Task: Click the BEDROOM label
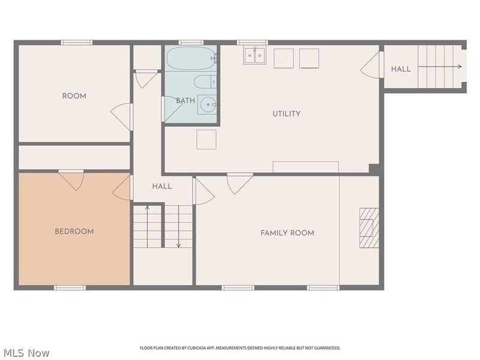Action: click(74, 232)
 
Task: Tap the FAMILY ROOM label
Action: click(287, 233)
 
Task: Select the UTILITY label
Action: click(287, 114)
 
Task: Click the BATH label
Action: click(185, 100)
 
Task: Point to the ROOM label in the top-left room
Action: click(74, 96)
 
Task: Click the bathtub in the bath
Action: click(191, 58)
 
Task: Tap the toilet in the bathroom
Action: click(205, 82)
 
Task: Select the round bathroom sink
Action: click(208, 104)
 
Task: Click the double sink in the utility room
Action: click(254, 55)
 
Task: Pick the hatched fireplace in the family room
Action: click(369, 228)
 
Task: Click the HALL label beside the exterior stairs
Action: click(401, 69)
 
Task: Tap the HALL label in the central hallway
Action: click(162, 187)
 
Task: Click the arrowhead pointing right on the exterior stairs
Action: click(460, 67)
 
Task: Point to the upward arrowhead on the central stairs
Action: click(147, 208)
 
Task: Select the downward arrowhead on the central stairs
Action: click(179, 245)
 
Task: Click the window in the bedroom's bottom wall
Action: click(70, 288)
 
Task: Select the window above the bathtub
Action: click(191, 43)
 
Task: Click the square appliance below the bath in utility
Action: click(206, 140)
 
